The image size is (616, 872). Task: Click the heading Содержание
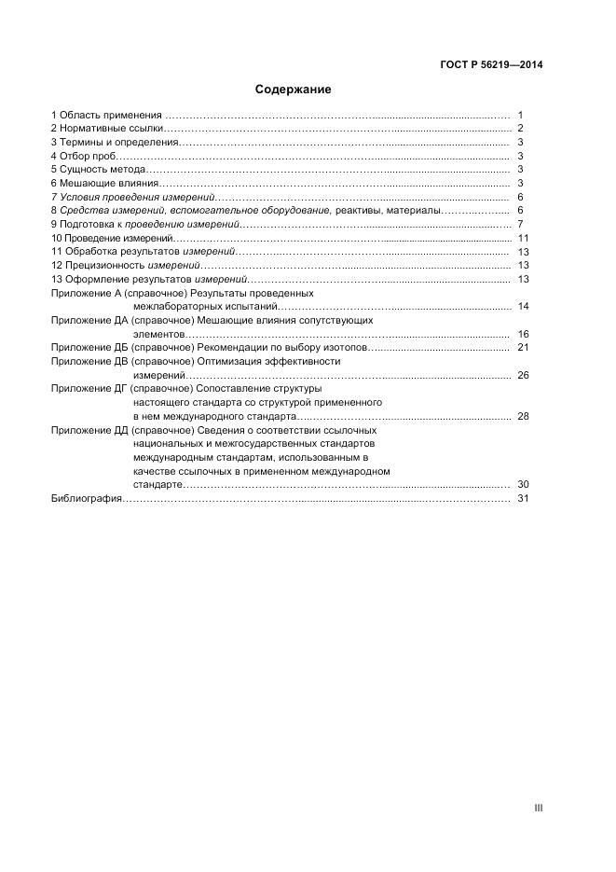293,90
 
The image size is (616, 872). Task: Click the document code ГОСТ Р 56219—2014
491,64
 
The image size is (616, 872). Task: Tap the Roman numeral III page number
538,808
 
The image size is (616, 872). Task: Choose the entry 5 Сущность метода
98,170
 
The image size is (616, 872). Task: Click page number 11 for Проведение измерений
523,239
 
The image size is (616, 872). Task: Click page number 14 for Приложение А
523,307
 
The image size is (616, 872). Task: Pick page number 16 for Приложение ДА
523,334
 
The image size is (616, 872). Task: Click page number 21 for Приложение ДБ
523,348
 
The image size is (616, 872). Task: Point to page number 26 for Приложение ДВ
523,375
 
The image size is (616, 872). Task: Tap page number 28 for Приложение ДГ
523,416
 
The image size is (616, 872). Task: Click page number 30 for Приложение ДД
523,485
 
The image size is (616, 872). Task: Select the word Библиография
87,499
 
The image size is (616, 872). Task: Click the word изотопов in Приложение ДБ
347,348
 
